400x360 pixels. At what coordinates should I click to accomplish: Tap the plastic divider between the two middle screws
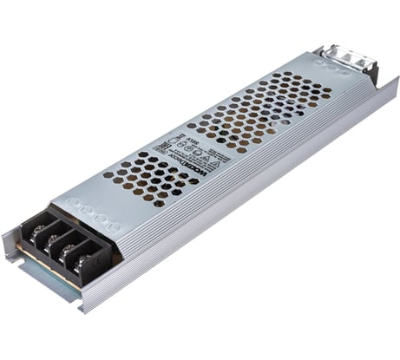(x=63, y=249)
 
